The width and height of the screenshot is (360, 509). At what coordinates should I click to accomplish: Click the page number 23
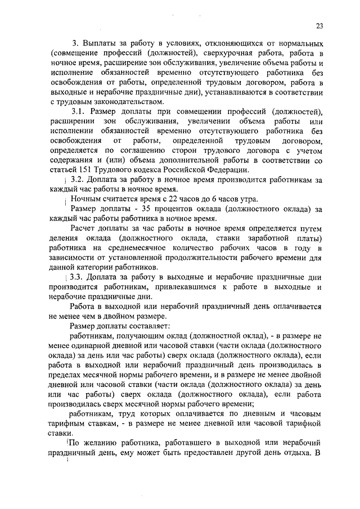click(319, 25)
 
